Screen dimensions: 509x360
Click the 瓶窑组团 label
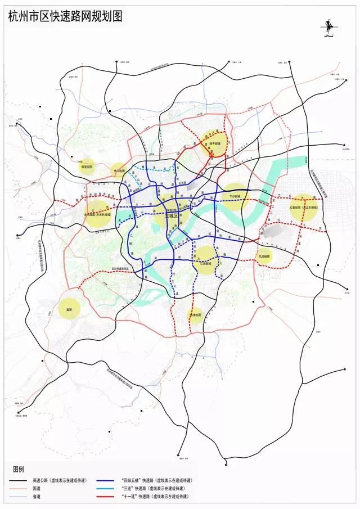87,167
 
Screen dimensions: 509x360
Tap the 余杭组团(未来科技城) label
98,214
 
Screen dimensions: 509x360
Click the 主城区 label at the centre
171,215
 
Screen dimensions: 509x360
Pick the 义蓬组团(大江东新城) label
304,208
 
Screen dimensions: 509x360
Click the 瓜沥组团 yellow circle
264,256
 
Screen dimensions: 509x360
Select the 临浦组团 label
195,315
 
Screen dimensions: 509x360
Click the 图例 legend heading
19,469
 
